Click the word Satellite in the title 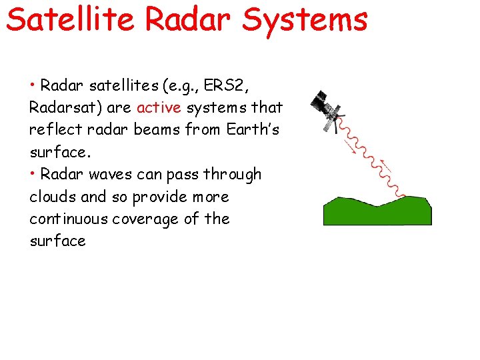pos(72,19)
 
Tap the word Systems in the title pos(305,19)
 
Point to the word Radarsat pos(61,107)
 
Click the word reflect pos(53,129)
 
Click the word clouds pos(52,197)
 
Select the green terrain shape pos(377,211)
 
